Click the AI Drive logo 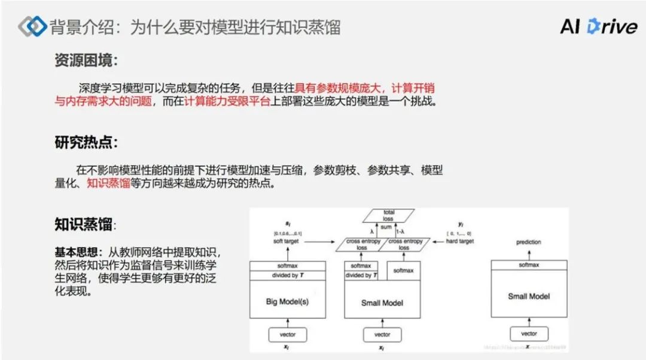[x=598, y=26]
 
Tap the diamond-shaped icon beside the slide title [x=32, y=26]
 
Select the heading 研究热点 [x=86, y=143]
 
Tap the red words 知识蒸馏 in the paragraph [x=108, y=184]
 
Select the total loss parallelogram [x=389, y=215]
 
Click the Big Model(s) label [x=287, y=301]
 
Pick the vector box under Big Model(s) [x=287, y=334]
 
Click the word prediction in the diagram [x=528, y=242]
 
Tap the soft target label [x=287, y=242]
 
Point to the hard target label [x=459, y=242]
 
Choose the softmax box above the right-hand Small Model [x=528, y=264]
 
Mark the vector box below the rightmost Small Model [x=528, y=334]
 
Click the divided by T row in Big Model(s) [x=287, y=275]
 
